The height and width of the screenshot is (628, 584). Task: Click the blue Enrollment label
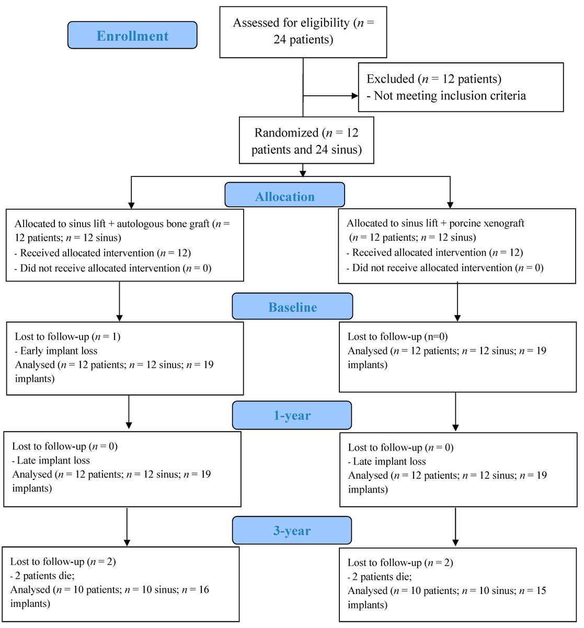[132, 36]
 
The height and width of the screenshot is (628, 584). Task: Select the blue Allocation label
[284, 196]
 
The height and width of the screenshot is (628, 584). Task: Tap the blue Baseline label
[292, 307]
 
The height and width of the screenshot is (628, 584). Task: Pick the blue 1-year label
[292, 416]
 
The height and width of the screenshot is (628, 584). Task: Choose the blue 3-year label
[292, 531]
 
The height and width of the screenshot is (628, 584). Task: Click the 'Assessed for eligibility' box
[303, 31]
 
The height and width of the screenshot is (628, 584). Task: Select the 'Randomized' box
[306, 141]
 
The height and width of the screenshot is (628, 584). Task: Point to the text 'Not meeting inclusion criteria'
[450, 96]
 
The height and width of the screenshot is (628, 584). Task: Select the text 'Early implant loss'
[59, 351]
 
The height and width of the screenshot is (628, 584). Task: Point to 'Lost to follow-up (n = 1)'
[67, 337]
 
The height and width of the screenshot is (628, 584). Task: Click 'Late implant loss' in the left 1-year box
[53, 461]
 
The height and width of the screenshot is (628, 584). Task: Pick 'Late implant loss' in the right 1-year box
[390, 462]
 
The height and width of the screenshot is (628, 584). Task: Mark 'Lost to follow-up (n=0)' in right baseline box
[397, 337]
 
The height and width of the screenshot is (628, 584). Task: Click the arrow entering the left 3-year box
[127, 542]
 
